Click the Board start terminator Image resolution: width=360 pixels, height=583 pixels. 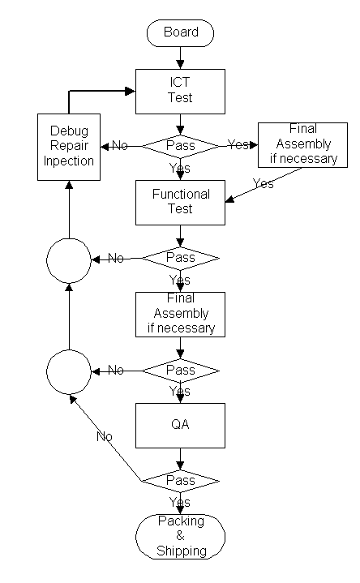[x=180, y=33]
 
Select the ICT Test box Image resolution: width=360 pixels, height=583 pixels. [x=180, y=92]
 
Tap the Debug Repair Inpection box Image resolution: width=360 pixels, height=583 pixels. [x=69, y=147]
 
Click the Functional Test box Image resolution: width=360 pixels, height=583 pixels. [x=180, y=203]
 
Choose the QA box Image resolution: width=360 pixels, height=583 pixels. [x=180, y=426]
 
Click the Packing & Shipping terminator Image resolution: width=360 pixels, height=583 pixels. [x=180, y=537]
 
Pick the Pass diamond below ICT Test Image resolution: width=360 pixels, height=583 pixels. [x=180, y=146]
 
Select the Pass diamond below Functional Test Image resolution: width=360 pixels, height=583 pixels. [x=180, y=258]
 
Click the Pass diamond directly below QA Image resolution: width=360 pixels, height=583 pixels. [x=180, y=481]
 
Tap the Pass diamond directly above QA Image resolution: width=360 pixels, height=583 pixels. [x=180, y=371]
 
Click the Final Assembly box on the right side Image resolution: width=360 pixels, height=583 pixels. [x=302, y=145]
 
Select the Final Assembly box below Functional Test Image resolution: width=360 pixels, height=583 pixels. [x=180, y=315]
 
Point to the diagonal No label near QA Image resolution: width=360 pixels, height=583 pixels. [x=104, y=436]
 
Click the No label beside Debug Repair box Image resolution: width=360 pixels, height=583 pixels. [x=120, y=145]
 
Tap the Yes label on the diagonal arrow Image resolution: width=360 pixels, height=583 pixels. [x=263, y=183]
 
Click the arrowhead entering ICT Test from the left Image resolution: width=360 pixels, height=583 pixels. [x=130, y=91]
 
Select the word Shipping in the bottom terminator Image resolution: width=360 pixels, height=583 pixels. [x=182, y=551]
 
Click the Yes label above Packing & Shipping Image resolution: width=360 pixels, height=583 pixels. [x=180, y=502]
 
